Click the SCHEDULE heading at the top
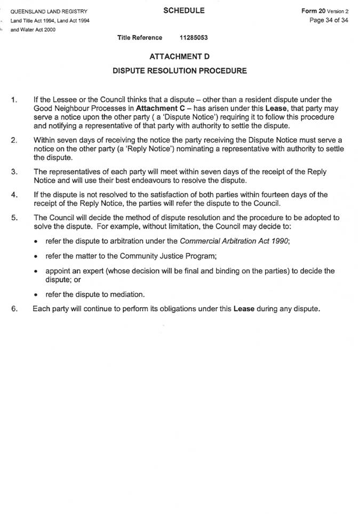(184, 11)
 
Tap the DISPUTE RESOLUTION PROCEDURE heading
(179, 70)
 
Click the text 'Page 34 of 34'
(329, 20)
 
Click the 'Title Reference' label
(140, 38)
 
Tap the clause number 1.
(14, 100)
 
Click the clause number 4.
(14, 195)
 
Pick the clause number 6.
(14, 308)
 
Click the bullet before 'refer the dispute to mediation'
(35, 295)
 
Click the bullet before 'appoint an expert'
(35, 271)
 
